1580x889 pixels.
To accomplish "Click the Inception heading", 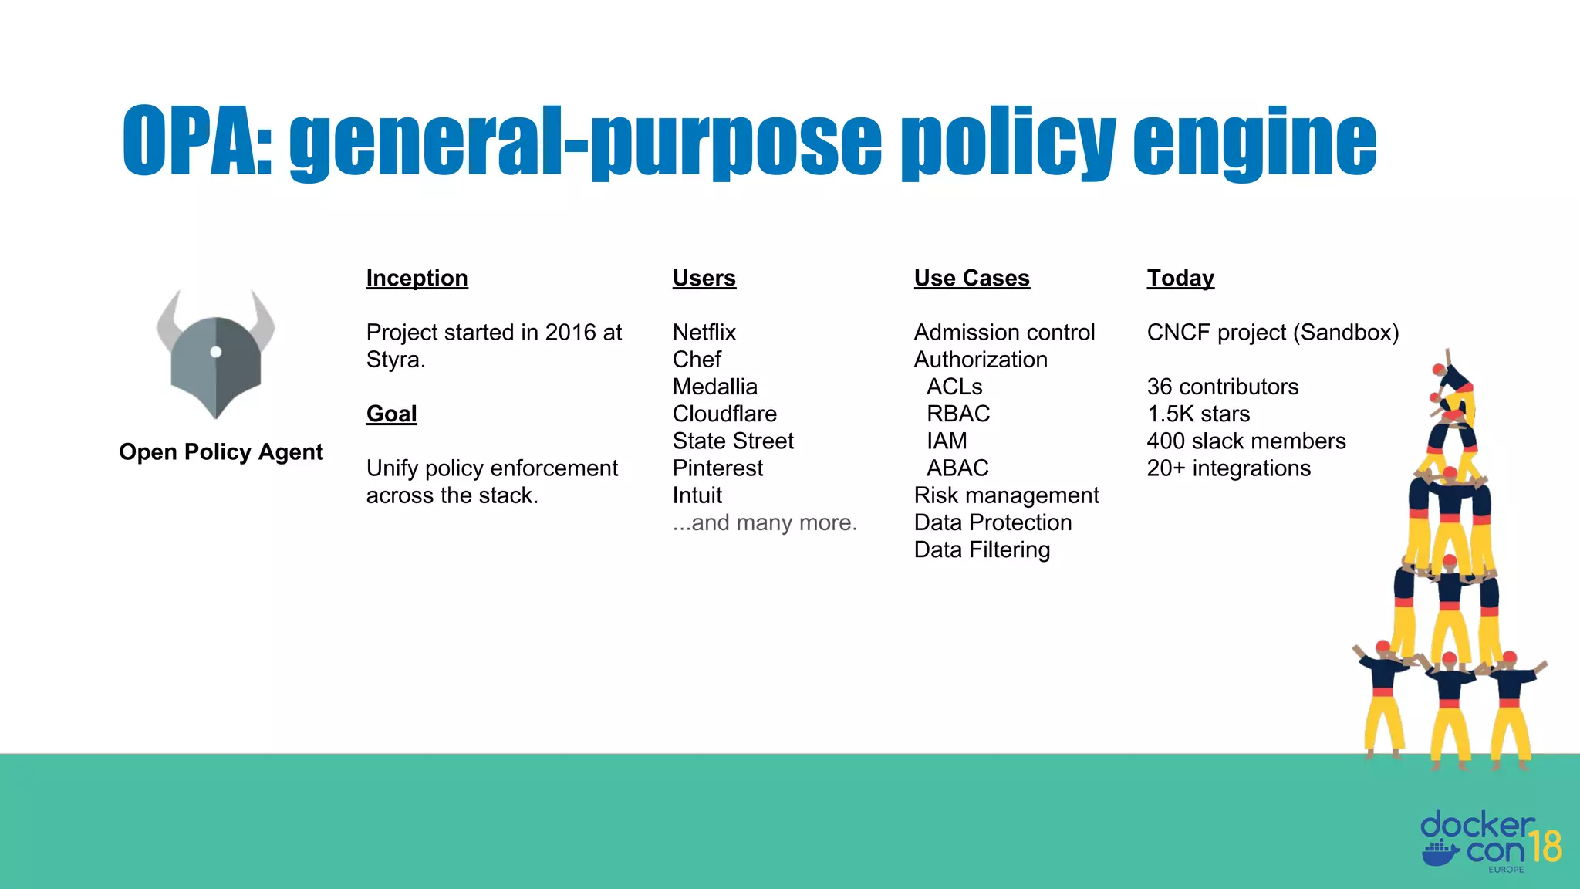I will click(417, 278).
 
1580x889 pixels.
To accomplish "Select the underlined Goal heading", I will click(391, 414).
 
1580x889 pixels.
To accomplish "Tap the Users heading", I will click(704, 278).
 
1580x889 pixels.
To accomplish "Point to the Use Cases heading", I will click(971, 278).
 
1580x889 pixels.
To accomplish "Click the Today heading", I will click(1180, 278).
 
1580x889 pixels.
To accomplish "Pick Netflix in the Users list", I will click(704, 333).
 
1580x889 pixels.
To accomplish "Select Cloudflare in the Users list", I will click(724, 414).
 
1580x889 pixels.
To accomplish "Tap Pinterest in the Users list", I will click(717, 468).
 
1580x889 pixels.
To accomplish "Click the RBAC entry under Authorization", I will click(957, 414).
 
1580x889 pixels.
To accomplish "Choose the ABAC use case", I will click(957, 468).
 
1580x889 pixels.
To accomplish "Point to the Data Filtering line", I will click(981, 549).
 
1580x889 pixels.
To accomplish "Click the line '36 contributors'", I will click(1222, 387).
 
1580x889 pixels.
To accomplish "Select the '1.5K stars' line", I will click(1197, 414).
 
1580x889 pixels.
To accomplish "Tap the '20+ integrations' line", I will click(1228, 468).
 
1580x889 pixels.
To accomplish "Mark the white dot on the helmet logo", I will click(216, 352).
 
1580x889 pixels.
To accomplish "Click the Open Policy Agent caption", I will click(221, 451).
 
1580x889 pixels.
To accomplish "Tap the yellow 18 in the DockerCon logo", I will click(1545, 847).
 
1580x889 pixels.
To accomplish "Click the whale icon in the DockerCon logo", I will click(1440, 853).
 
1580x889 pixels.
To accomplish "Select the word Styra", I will click(394, 360).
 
